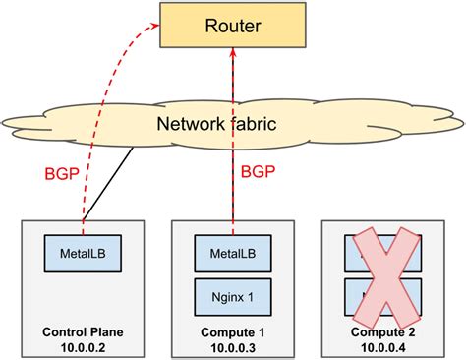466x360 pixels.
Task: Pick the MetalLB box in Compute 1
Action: coord(234,254)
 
